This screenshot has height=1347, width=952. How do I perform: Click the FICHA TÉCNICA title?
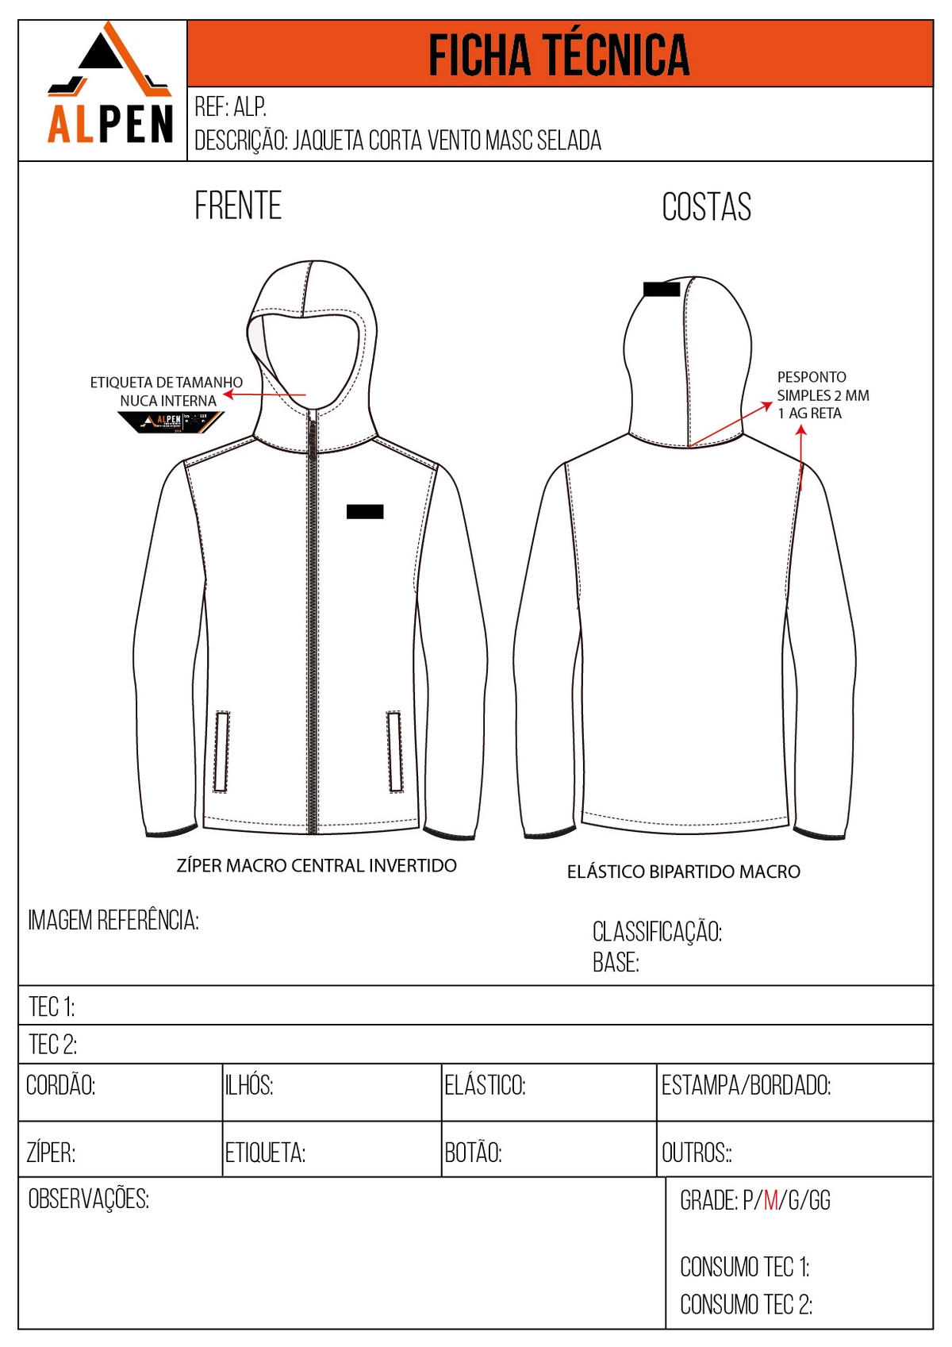tap(559, 55)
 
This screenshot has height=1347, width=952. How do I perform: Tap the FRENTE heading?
tap(238, 206)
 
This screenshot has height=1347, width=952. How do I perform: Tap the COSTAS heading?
tap(706, 207)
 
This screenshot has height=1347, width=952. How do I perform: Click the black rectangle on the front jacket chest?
tap(365, 512)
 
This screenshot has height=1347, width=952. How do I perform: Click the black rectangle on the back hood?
tap(662, 289)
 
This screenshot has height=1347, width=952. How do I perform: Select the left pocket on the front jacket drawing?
tap(222, 752)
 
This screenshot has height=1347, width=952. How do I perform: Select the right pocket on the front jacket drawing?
tap(394, 752)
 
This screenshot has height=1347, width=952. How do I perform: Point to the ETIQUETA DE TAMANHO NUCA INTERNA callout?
tap(167, 391)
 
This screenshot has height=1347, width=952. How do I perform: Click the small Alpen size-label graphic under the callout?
tap(170, 421)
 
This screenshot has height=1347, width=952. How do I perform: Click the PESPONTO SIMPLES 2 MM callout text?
tap(822, 394)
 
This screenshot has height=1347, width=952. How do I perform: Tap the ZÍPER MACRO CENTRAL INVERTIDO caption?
tap(317, 865)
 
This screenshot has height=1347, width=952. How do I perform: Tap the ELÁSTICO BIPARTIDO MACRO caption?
tap(683, 872)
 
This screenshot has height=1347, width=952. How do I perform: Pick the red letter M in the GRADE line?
tap(770, 1200)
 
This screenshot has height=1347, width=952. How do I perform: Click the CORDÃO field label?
tap(61, 1085)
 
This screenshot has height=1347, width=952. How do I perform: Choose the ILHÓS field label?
tap(249, 1085)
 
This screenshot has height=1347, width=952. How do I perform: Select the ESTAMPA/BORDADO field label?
tap(746, 1085)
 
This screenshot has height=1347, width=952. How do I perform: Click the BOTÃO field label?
tap(473, 1153)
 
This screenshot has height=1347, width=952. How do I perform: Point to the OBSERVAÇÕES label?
tap(89, 1199)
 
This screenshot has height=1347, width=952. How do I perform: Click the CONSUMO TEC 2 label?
tap(746, 1304)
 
